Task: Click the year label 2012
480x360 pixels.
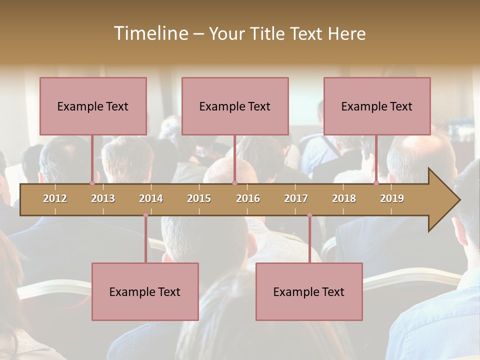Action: [x=55, y=198]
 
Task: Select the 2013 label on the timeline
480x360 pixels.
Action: [x=103, y=198]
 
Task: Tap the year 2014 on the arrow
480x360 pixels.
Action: [x=151, y=198]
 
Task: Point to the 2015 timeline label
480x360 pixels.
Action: [x=199, y=198]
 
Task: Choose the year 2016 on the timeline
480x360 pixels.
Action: [x=248, y=198]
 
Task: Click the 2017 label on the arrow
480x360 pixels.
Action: [x=296, y=198]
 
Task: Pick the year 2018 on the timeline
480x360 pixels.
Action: [x=344, y=198]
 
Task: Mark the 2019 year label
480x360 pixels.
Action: [x=392, y=198]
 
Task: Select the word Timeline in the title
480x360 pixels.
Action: [x=149, y=33]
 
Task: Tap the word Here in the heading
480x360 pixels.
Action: [x=346, y=34]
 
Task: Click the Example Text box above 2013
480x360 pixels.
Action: [x=93, y=106]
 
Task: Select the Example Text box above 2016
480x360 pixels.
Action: [x=235, y=106]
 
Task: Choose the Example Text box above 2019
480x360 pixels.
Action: [x=377, y=106]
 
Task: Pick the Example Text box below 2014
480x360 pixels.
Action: [x=145, y=291]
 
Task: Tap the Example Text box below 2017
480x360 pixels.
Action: [x=309, y=291]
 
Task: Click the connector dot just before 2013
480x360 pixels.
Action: [x=92, y=183]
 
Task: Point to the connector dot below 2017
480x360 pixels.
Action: [x=309, y=215]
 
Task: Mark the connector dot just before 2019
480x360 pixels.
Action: [x=376, y=183]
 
